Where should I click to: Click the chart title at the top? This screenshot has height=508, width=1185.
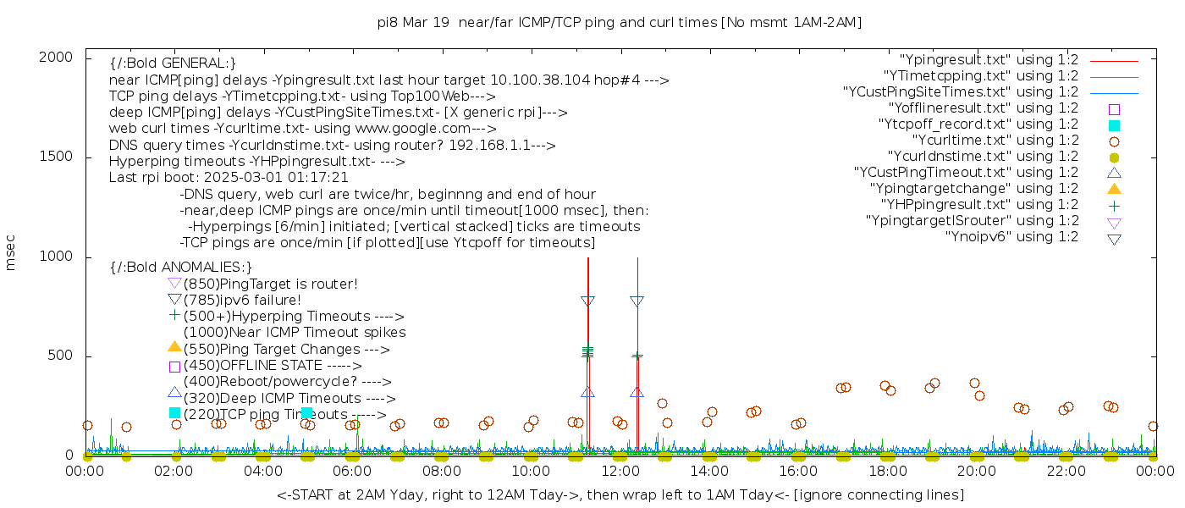[x=620, y=23]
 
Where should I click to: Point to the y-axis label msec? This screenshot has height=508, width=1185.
[x=11, y=252]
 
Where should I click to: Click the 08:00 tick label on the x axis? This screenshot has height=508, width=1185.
[x=441, y=472]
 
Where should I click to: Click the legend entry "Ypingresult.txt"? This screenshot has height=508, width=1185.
[x=989, y=60]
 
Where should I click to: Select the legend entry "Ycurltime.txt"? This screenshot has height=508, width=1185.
[x=995, y=141]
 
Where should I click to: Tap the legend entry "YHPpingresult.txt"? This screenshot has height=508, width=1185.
[x=979, y=205]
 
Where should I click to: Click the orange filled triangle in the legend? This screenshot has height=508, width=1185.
[x=1114, y=189]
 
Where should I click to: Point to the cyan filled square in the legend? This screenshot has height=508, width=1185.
[x=1114, y=124]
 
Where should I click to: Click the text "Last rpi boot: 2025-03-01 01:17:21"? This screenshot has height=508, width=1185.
[x=229, y=178]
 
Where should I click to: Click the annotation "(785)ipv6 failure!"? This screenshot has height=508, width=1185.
[x=242, y=301]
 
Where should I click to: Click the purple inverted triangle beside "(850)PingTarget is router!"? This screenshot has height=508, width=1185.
[x=174, y=284]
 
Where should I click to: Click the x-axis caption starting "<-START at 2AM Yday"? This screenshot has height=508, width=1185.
[x=620, y=494]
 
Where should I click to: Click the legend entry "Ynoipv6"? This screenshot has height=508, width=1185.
[x=1011, y=237]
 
